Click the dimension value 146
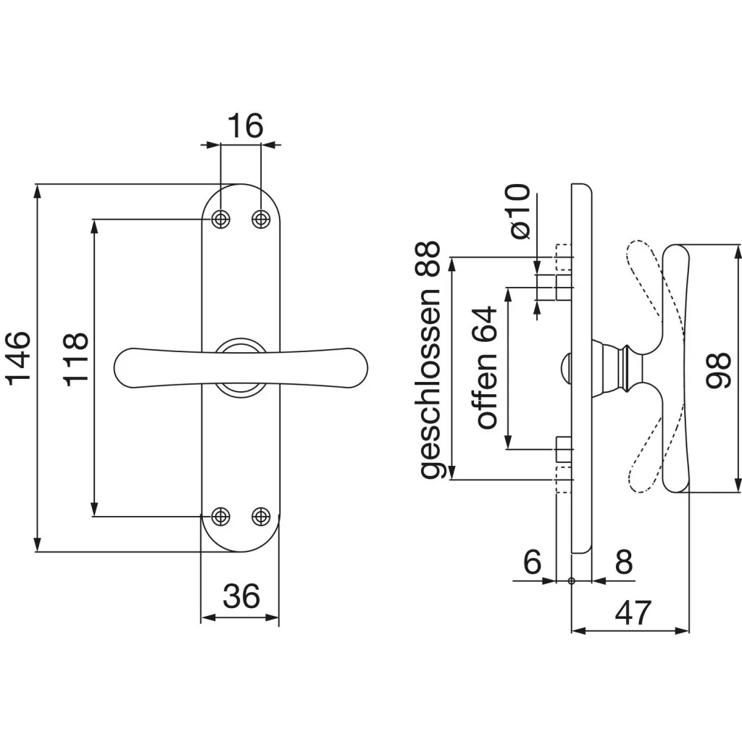point(18,358)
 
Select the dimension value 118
point(75,359)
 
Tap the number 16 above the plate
point(245,126)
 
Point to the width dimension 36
point(241,596)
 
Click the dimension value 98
point(718,370)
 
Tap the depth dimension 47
point(633,613)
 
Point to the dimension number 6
point(533,562)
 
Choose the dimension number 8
point(624,562)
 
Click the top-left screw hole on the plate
point(220,219)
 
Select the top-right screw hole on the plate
point(261,219)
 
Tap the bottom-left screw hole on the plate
point(220,516)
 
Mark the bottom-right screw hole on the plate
point(261,516)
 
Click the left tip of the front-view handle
point(114,367)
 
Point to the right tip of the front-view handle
point(367,367)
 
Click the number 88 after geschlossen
point(430,259)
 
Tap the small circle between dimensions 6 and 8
point(571,580)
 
